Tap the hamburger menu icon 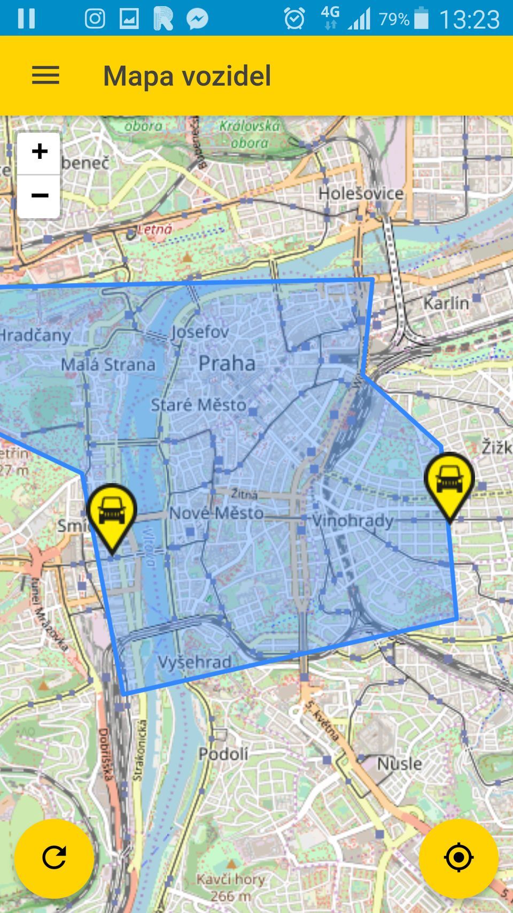pyautogui.click(x=45, y=75)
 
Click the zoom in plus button pyautogui.click(x=39, y=152)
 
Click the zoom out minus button pyautogui.click(x=39, y=196)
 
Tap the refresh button pyautogui.click(x=54, y=857)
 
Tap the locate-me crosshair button pyautogui.click(x=458, y=857)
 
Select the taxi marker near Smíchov pyautogui.click(x=112, y=512)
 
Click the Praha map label pyautogui.click(x=227, y=364)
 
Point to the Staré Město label pyautogui.click(x=198, y=405)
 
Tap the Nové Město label pyautogui.click(x=216, y=513)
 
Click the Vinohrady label pyautogui.click(x=353, y=520)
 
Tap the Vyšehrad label pyautogui.click(x=195, y=662)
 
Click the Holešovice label pyautogui.click(x=361, y=194)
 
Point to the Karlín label pyautogui.click(x=446, y=303)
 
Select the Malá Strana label pyautogui.click(x=108, y=365)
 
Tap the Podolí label pyautogui.click(x=223, y=754)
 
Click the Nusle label pyautogui.click(x=399, y=764)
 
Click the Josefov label pyautogui.click(x=200, y=332)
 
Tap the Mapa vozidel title pyautogui.click(x=187, y=75)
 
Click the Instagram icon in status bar pyautogui.click(x=95, y=19)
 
